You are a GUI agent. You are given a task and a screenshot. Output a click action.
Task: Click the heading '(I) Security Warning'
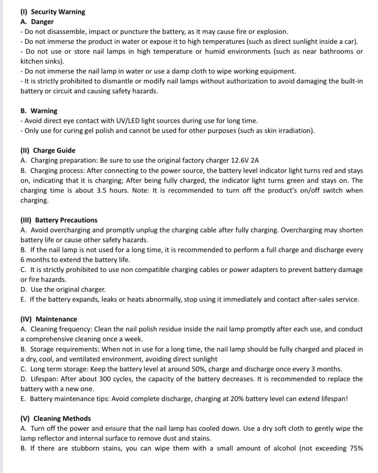[x=53, y=12]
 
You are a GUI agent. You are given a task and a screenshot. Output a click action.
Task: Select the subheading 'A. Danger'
[x=37, y=22]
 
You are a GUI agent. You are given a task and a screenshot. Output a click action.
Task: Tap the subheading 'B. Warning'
[x=39, y=111]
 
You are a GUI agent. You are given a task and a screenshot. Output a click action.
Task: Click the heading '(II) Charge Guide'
[x=48, y=150]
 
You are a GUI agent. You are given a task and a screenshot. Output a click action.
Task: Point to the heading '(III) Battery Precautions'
[x=59, y=220]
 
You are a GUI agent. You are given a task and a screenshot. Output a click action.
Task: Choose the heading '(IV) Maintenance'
[x=49, y=319]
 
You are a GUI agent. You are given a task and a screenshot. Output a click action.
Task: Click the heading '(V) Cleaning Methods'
[x=56, y=418]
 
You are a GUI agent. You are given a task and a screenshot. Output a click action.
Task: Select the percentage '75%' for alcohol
[x=355, y=448]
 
